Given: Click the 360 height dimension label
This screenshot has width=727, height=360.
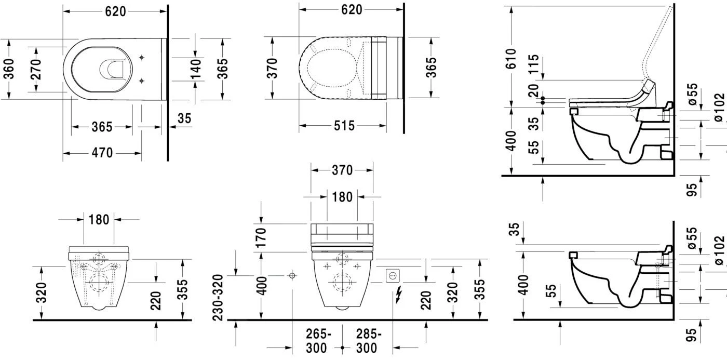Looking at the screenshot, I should click(x=8, y=69).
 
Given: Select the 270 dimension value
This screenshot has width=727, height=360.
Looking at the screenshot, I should click(x=35, y=69).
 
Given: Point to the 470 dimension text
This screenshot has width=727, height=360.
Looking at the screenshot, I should click(x=102, y=153).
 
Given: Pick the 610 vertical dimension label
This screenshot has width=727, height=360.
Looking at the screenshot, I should click(x=511, y=59).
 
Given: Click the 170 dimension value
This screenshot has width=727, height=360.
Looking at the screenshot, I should click(x=261, y=237).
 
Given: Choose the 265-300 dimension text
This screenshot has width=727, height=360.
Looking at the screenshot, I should click(x=316, y=341).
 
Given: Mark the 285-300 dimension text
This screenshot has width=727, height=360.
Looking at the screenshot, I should click(x=367, y=341).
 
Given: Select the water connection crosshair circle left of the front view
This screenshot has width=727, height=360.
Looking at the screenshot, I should click(x=292, y=275).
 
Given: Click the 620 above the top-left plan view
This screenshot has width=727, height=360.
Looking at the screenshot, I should click(x=115, y=10).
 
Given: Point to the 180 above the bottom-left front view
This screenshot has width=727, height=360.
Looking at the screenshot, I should click(x=99, y=219).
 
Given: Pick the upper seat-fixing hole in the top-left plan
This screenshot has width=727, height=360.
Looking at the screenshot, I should click(x=143, y=57).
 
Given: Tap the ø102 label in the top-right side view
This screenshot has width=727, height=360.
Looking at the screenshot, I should click(x=719, y=108).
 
